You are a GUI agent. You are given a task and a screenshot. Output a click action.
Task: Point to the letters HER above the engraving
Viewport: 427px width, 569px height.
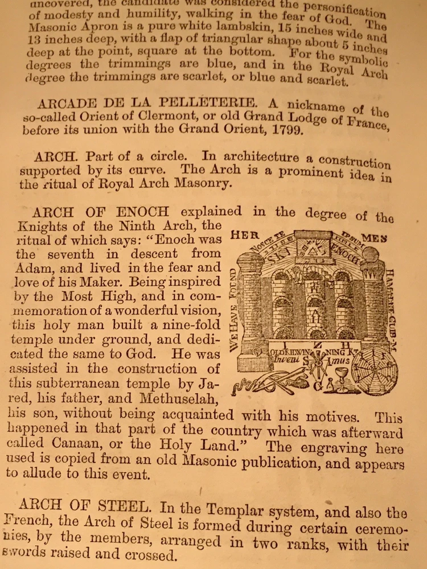tap(241, 235)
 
